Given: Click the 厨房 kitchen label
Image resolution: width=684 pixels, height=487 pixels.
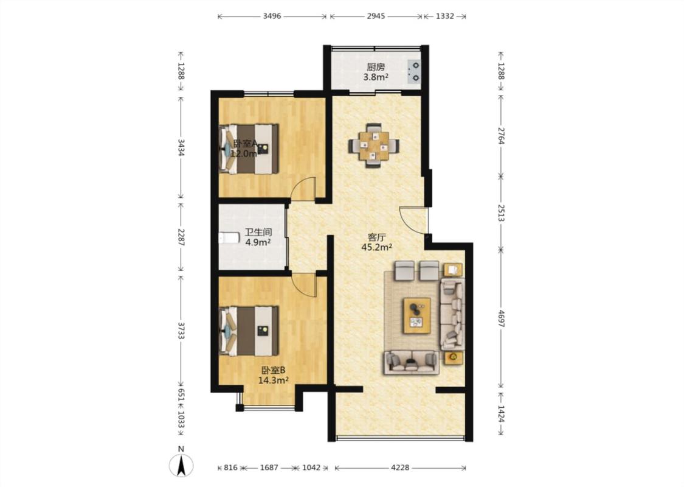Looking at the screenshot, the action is pyautogui.click(x=376, y=67).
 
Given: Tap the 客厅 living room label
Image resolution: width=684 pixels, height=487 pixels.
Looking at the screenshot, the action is pyautogui.click(x=376, y=237).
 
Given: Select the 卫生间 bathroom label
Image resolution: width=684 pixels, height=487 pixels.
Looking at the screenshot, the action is pyautogui.click(x=258, y=233).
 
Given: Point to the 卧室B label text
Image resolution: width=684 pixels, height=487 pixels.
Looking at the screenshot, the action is pyautogui.click(x=273, y=370).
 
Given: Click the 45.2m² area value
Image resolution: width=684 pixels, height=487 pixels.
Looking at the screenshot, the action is pyautogui.click(x=376, y=247).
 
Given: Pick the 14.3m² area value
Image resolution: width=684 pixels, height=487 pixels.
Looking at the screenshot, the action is pyautogui.click(x=273, y=380).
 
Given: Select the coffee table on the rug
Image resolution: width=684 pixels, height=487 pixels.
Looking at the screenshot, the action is pyautogui.click(x=416, y=315).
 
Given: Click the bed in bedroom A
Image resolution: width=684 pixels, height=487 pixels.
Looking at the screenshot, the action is pyautogui.click(x=249, y=149).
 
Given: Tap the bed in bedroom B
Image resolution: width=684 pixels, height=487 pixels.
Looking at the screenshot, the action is pyautogui.click(x=249, y=331).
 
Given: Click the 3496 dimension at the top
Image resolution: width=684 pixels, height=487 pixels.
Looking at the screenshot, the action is pyautogui.click(x=272, y=16).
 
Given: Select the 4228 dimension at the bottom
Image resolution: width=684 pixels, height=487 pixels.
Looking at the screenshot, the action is pyautogui.click(x=400, y=468).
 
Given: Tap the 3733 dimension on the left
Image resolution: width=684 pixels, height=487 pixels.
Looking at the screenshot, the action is pyautogui.click(x=181, y=331).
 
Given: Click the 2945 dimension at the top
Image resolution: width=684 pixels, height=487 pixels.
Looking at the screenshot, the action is pyautogui.click(x=376, y=16).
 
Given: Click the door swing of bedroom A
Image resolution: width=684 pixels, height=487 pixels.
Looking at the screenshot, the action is pyautogui.click(x=303, y=189).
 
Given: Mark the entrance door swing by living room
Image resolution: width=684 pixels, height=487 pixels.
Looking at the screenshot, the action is pyautogui.click(x=413, y=220).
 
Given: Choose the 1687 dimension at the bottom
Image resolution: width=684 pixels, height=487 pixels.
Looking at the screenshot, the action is pyautogui.click(x=269, y=468).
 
